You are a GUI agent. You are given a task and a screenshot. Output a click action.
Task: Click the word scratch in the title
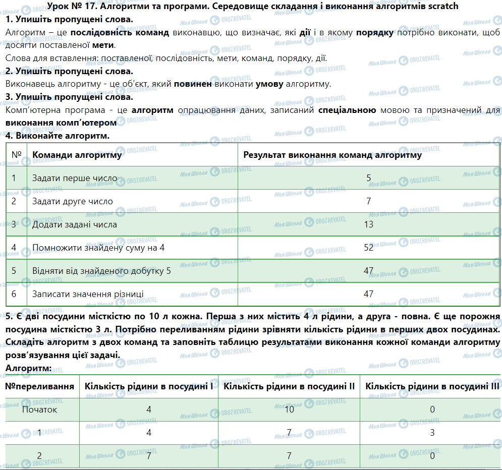pos(441,7)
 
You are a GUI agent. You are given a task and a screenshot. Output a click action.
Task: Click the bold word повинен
pos(193,84)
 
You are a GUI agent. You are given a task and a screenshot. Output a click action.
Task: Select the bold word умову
pos(269,84)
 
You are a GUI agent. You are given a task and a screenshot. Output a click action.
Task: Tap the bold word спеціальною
pos(348,109)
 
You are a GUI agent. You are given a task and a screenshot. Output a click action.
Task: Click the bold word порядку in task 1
pos(375,32)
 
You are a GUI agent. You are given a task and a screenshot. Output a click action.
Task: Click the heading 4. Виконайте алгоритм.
pos(57,136)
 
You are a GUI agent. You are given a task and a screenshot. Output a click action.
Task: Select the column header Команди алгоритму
pos(77,155)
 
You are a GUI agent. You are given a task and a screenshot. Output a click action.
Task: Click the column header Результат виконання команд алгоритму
pos(332,155)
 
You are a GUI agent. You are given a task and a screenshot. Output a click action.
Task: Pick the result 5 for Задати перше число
pos(369,178)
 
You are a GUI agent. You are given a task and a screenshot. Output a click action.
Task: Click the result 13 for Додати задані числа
pos(368,224)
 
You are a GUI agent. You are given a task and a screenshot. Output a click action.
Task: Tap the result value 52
pos(368,247)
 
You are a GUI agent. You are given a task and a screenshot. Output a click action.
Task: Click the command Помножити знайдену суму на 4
pos(98,247)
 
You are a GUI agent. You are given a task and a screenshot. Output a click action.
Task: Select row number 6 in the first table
pos(14,293)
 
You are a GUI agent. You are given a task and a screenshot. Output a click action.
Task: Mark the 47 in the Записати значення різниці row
pos(368,293)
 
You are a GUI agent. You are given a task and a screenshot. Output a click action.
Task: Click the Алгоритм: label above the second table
pos(28,368)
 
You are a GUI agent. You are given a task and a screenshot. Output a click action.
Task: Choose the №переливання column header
pos(40,386)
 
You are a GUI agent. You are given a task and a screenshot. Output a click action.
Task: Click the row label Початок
pos(40,409)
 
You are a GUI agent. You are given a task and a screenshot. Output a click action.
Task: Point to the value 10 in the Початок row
pos(289,409)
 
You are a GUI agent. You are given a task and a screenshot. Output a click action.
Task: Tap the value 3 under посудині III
pos(432,432)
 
